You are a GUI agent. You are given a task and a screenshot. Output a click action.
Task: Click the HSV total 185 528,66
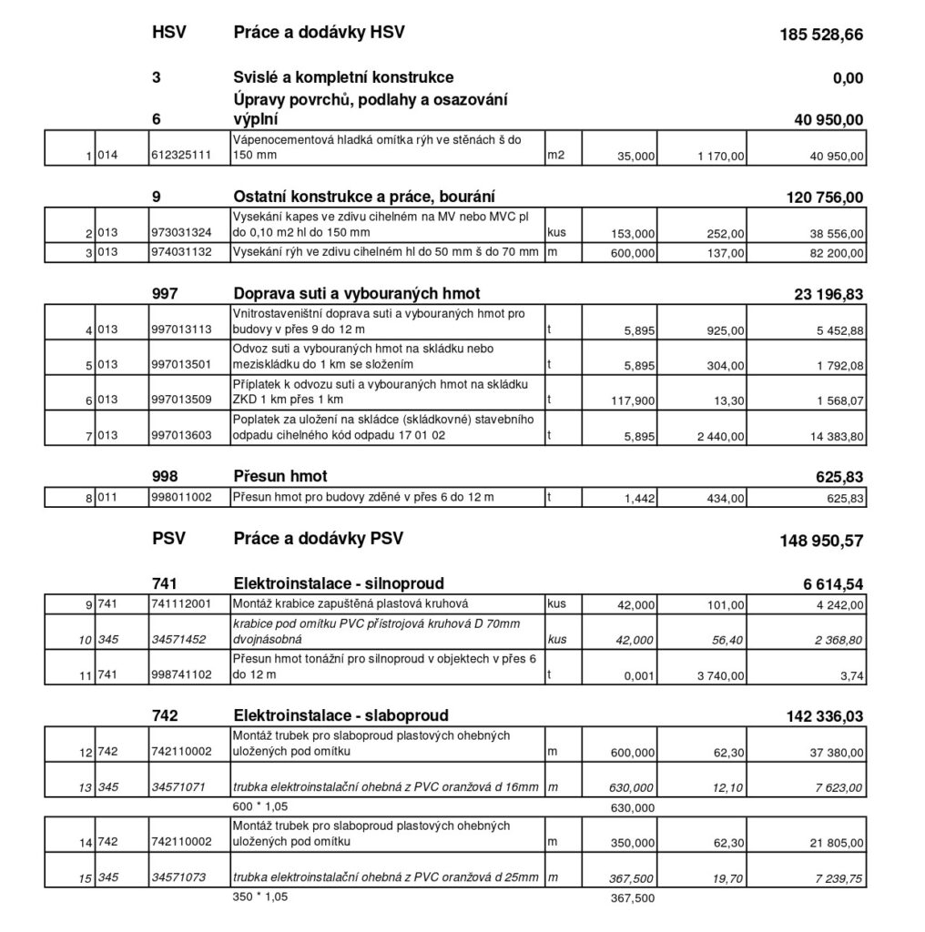point(821,35)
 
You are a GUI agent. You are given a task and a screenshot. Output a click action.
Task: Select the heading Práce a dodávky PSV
point(319,538)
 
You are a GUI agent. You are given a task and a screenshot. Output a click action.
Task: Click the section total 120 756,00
point(824,197)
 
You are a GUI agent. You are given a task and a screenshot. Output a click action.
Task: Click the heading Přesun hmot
point(280,476)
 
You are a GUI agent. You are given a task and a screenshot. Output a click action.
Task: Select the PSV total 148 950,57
point(821,541)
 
